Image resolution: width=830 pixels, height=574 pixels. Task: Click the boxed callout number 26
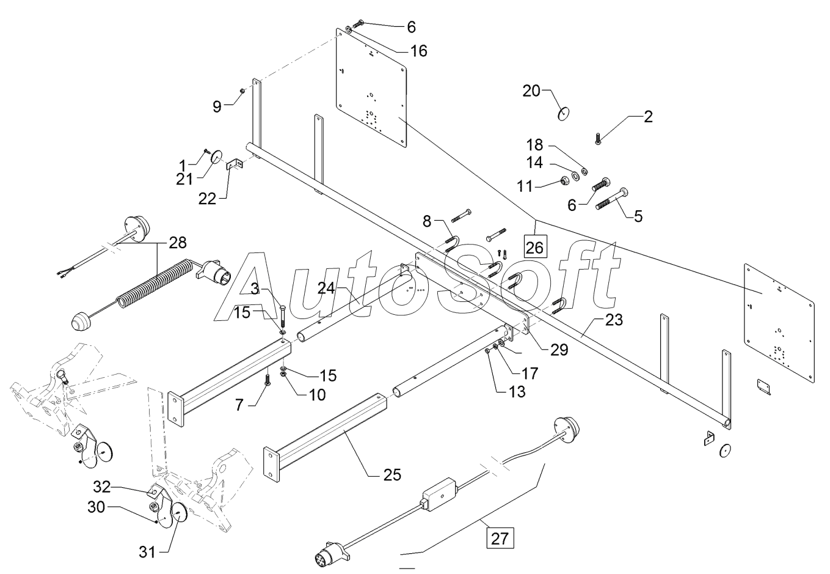[534, 248]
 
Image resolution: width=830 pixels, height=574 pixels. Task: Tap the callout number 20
[531, 91]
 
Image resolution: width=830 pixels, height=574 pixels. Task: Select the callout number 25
[392, 474]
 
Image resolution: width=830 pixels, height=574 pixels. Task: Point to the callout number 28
[178, 243]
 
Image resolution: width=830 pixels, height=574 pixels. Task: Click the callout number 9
[217, 106]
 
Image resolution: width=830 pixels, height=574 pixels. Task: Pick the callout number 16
[418, 51]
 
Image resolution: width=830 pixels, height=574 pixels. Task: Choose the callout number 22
[208, 199]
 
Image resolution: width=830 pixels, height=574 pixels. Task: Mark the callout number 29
[558, 350]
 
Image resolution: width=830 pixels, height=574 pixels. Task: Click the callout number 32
[102, 487]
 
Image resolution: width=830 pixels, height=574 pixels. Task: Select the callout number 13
[517, 391]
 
